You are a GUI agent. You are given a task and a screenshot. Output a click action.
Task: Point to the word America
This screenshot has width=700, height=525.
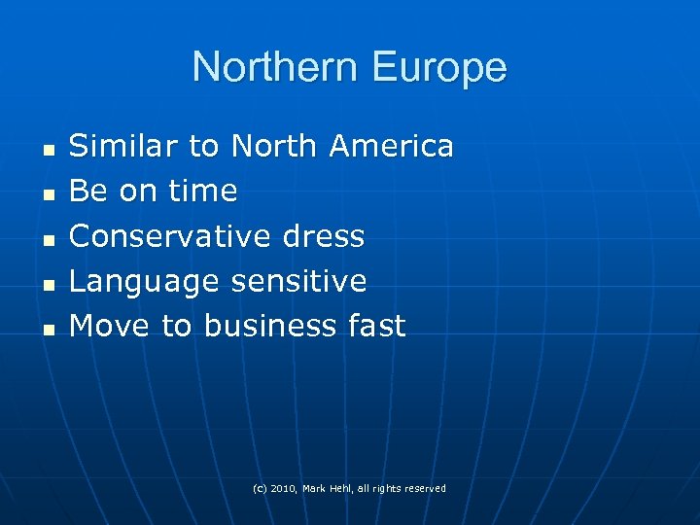point(391,146)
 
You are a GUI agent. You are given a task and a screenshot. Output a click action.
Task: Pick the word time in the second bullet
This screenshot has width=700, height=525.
point(202,192)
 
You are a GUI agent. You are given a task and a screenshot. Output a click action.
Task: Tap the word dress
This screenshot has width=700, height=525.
point(323,236)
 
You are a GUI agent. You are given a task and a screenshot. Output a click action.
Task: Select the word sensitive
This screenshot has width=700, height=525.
point(298,282)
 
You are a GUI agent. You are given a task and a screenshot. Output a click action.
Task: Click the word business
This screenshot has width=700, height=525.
point(269,326)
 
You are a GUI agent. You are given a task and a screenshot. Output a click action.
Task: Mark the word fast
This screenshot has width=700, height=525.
point(376,326)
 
